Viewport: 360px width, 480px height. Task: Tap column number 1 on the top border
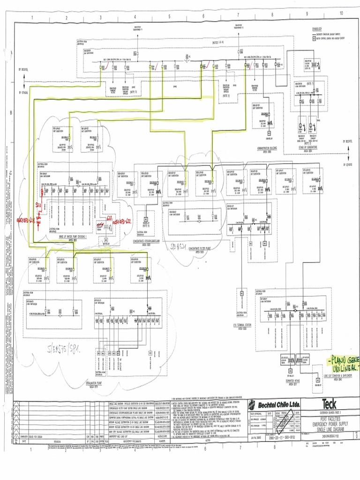click(32, 17)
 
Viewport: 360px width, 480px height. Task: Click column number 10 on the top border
click(341, 13)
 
